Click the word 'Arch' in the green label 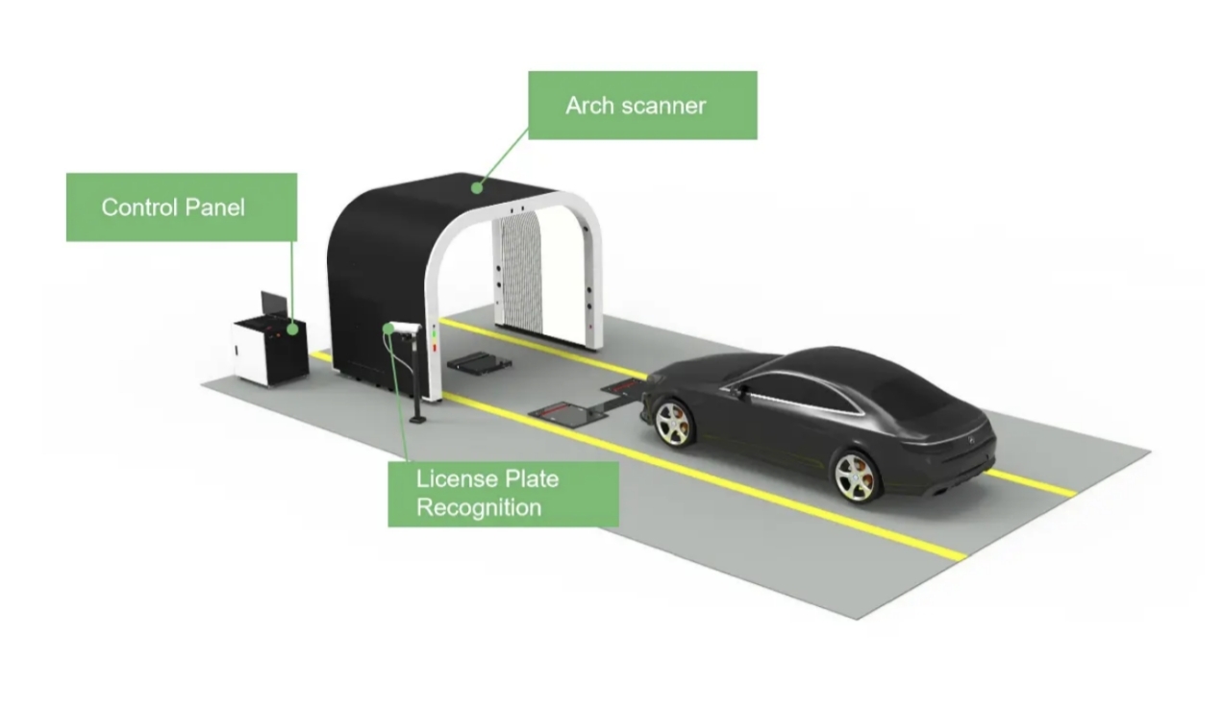589,106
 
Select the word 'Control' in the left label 139,208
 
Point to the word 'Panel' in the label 215,208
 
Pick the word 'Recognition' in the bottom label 479,508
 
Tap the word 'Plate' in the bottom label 533,479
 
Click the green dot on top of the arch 477,187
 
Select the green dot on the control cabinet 293,330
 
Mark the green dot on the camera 388,329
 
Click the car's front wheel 674,423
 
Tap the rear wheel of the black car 856,477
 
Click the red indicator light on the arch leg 435,348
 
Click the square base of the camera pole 418,419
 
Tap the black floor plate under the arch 479,362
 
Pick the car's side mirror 737,391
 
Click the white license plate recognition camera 405,328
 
